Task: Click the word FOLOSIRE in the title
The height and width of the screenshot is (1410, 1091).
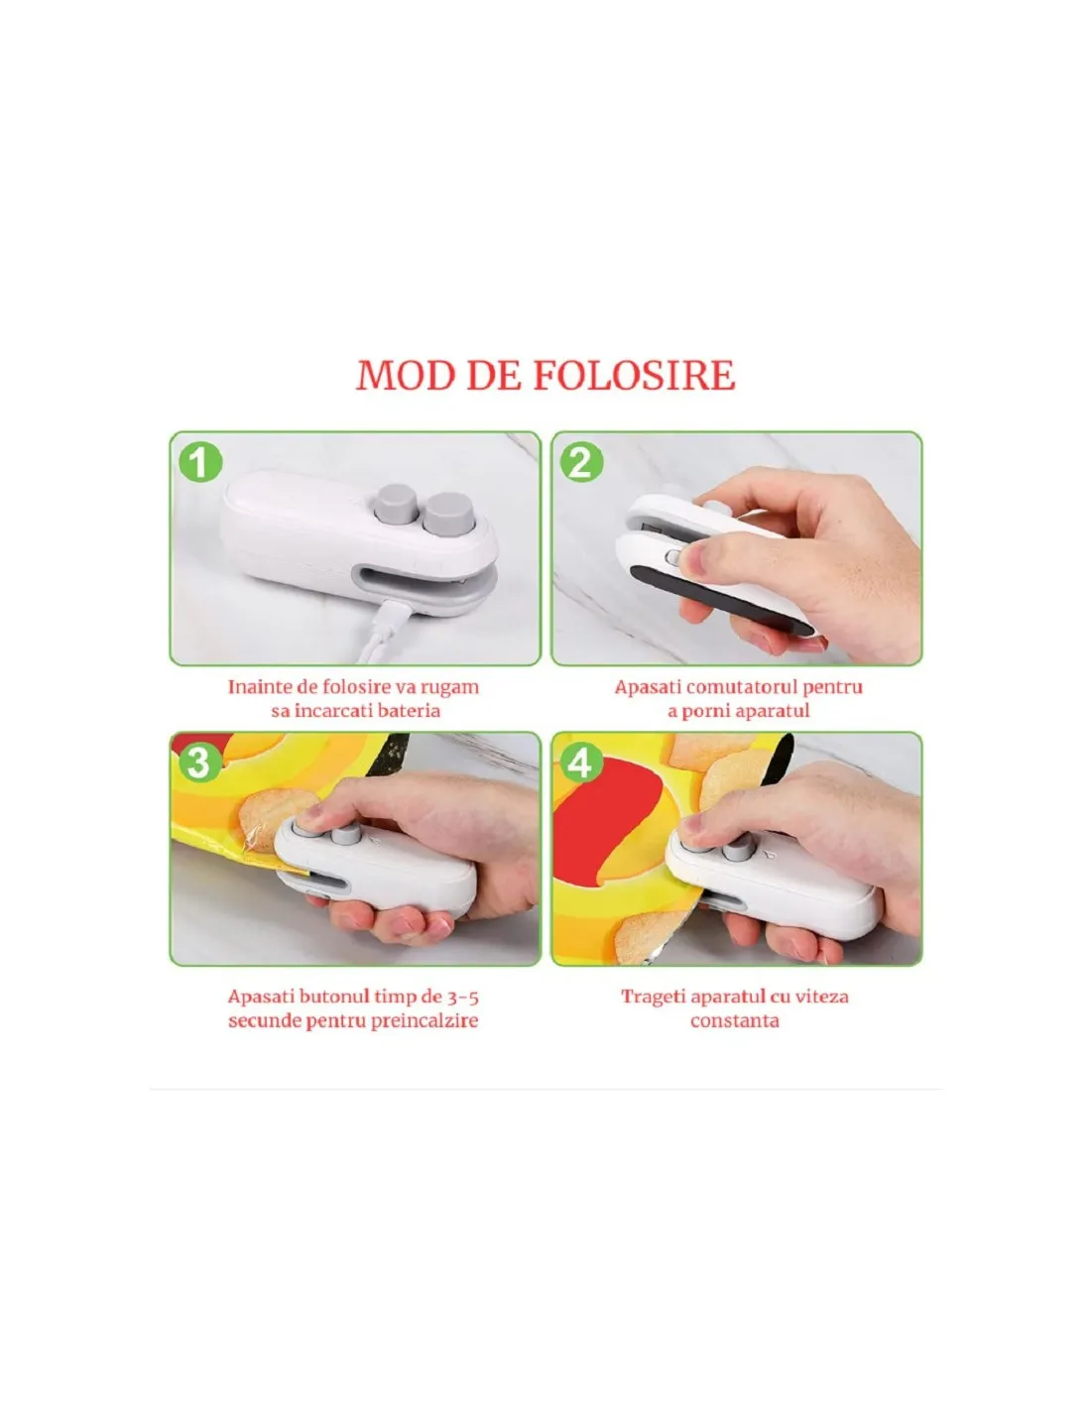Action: pos(634,375)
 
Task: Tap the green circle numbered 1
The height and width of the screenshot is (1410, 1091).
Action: pos(200,463)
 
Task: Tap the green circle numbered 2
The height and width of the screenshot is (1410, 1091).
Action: pos(581,463)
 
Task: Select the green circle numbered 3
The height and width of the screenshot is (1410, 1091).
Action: pos(200,764)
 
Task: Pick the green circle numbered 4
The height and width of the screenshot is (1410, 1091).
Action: pos(581,764)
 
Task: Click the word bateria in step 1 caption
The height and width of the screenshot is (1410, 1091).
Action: pos(409,711)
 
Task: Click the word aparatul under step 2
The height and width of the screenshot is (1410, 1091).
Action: pos(770,712)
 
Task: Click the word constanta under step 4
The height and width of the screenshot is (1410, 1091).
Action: pos(735,1020)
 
